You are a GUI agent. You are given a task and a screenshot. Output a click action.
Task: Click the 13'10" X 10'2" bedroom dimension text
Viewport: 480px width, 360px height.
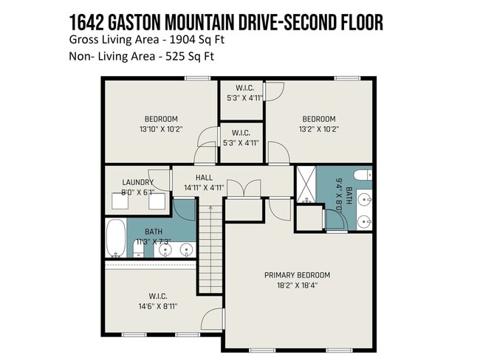point(160,129)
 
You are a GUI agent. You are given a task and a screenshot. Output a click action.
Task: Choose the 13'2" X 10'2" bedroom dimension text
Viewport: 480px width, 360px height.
point(318,129)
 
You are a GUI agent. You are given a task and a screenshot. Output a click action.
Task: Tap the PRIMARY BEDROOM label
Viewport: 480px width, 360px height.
point(297,275)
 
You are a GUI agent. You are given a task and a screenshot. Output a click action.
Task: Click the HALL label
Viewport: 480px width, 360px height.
point(204,178)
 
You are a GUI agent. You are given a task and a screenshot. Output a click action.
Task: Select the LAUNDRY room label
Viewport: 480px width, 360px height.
point(138,182)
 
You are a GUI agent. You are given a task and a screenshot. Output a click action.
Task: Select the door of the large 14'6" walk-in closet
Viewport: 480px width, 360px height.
point(213,318)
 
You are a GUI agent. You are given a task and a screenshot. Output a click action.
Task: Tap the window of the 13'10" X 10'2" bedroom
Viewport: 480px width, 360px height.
point(196,78)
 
